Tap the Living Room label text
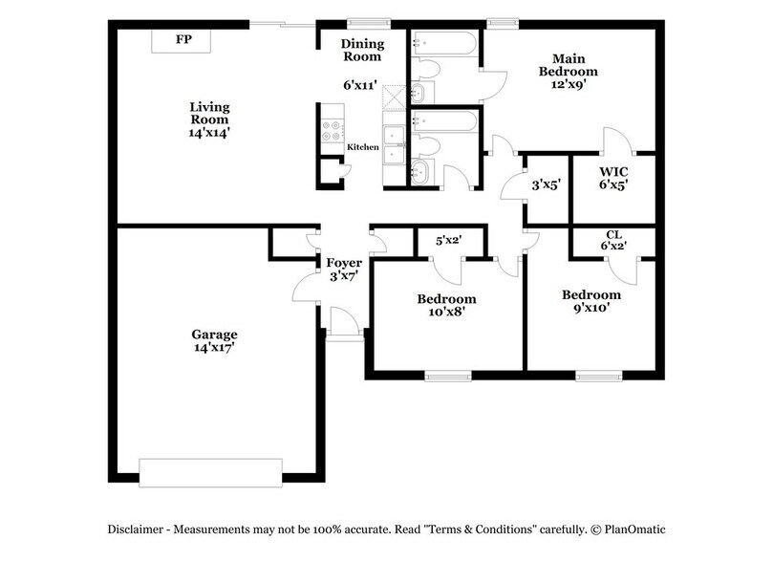208,114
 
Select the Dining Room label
362,50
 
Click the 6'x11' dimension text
362,84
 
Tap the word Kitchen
363,147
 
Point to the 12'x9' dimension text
568,85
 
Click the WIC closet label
612,172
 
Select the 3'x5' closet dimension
545,184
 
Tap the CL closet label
612,234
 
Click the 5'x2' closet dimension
449,241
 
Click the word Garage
213,335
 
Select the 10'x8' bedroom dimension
446,313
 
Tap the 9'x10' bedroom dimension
590,309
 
